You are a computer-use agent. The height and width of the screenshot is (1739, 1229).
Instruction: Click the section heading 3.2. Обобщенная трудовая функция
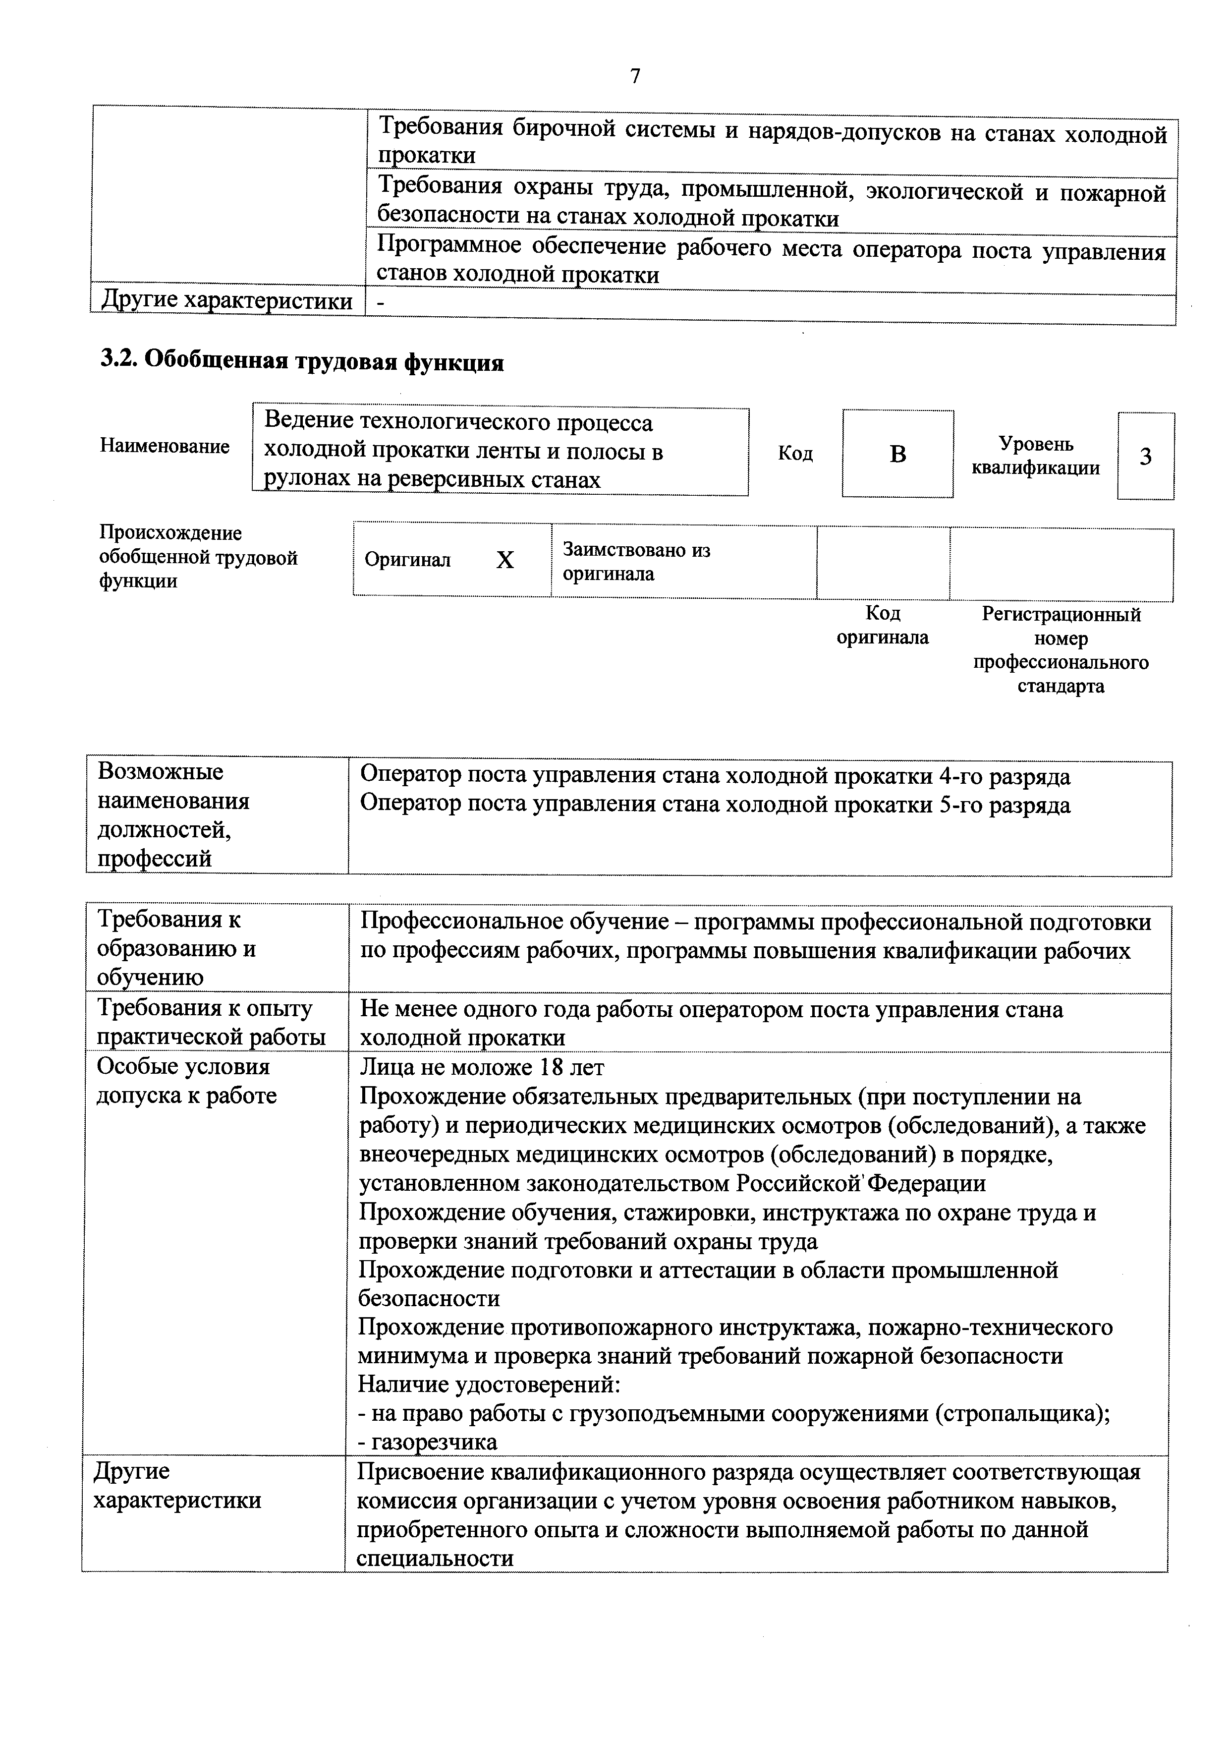[x=302, y=362]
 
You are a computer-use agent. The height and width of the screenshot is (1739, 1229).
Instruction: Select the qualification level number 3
[x=1145, y=457]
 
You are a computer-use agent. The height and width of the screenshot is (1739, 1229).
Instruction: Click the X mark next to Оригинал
[x=504, y=560]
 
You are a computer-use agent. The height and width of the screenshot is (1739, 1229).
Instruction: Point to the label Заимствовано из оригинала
[x=636, y=561]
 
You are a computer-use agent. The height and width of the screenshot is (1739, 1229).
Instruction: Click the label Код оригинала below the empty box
[x=882, y=625]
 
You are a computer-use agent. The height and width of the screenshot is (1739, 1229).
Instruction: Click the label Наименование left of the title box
[x=165, y=446]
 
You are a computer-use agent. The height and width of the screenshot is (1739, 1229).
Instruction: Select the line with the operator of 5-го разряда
[x=715, y=805]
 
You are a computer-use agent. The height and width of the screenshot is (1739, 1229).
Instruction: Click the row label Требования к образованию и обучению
[x=176, y=948]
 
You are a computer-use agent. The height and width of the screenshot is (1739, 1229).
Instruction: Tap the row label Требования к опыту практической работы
[x=211, y=1023]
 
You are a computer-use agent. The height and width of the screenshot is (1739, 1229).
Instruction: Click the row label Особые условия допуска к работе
[x=186, y=1081]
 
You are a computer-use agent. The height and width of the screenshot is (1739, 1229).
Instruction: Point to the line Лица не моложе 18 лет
[x=482, y=1068]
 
